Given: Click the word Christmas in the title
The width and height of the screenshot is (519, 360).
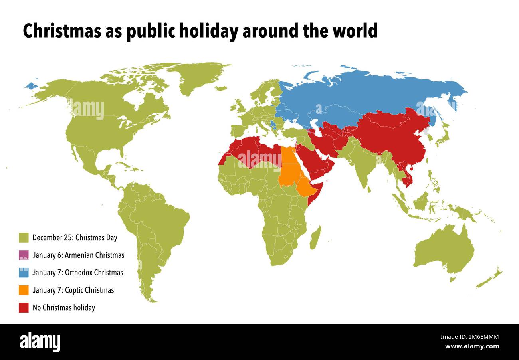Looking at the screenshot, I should click(x=61, y=31).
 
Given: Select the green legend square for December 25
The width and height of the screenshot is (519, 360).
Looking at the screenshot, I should click(x=24, y=238).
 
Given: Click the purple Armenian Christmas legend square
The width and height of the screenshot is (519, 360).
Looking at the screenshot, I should click(x=24, y=255).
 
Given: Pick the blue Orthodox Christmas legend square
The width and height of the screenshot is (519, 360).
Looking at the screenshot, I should click(x=24, y=273).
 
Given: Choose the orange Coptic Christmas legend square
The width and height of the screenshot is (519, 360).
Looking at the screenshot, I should click(x=24, y=290).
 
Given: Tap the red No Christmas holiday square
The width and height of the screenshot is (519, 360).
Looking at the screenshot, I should click(x=24, y=308).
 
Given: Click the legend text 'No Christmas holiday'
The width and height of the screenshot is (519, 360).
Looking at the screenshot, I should click(x=63, y=308).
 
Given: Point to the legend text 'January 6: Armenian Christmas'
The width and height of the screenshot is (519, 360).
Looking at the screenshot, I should click(x=78, y=255).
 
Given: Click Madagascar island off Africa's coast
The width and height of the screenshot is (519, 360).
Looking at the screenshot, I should click(x=315, y=238).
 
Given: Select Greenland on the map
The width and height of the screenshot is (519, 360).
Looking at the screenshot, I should click(x=196, y=76).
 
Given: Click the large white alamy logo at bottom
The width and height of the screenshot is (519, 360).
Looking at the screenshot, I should click(x=40, y=342).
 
